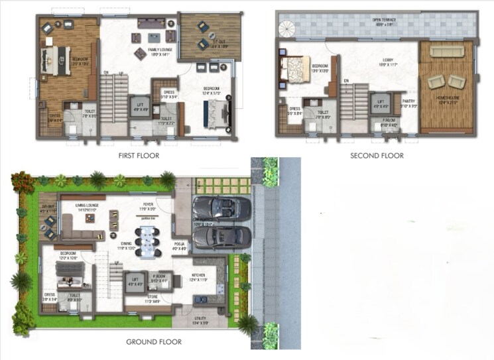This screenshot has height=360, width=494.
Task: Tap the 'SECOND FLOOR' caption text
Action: pyautogui.click(x=377, y=155)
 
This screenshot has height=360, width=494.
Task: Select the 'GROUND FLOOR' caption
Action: pyautogui.click(x=151, y=342)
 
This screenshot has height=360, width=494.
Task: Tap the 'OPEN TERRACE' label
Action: pyautogui.click(x=384, y=20)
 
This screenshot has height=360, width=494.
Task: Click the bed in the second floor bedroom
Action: pyautogui.click(x=294, y=68)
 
